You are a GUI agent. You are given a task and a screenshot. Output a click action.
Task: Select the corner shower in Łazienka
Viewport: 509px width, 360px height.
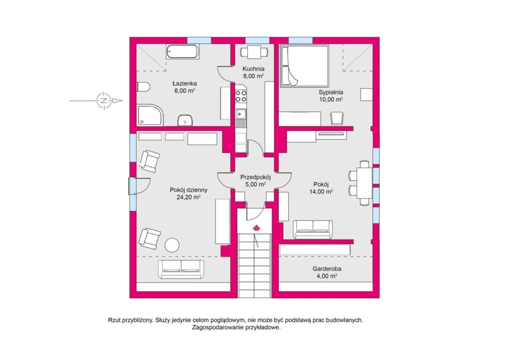(x=150, y=115)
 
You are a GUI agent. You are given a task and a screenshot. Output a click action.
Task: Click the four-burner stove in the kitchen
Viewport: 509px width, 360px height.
(x=241, y=95)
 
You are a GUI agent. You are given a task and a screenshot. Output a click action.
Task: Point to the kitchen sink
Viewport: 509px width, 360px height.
(x=241, y=114)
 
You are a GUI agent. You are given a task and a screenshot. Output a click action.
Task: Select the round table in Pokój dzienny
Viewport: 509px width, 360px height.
(x=172, y=245)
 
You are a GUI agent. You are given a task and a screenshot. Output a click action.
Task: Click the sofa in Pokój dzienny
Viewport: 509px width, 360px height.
(x=182, y=269)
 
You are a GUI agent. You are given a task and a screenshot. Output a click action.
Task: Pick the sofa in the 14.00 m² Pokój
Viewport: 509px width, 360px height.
(x=313, y=230)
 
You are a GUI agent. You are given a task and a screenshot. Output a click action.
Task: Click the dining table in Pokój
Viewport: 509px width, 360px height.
(x=363, y=183)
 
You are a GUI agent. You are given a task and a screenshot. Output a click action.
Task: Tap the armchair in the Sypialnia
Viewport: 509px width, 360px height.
(x=337, y=118)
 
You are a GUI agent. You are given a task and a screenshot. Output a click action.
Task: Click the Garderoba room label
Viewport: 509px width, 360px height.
(x=327, y=269)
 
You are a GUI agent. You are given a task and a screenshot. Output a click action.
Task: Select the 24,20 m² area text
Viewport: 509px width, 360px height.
(x=188, y=197)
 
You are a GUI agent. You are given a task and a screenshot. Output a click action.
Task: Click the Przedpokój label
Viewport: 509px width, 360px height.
(x=255, y=177)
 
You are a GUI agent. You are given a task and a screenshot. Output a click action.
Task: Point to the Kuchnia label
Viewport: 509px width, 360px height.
(x=254, y=69)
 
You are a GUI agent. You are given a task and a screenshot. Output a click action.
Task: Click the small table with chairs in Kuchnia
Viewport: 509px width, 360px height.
(x=254, y=52)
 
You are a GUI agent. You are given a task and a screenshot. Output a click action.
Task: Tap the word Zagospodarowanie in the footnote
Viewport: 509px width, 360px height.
(x=220, y=328)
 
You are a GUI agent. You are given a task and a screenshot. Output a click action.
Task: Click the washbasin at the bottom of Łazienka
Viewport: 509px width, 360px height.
(x=185, y=120)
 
